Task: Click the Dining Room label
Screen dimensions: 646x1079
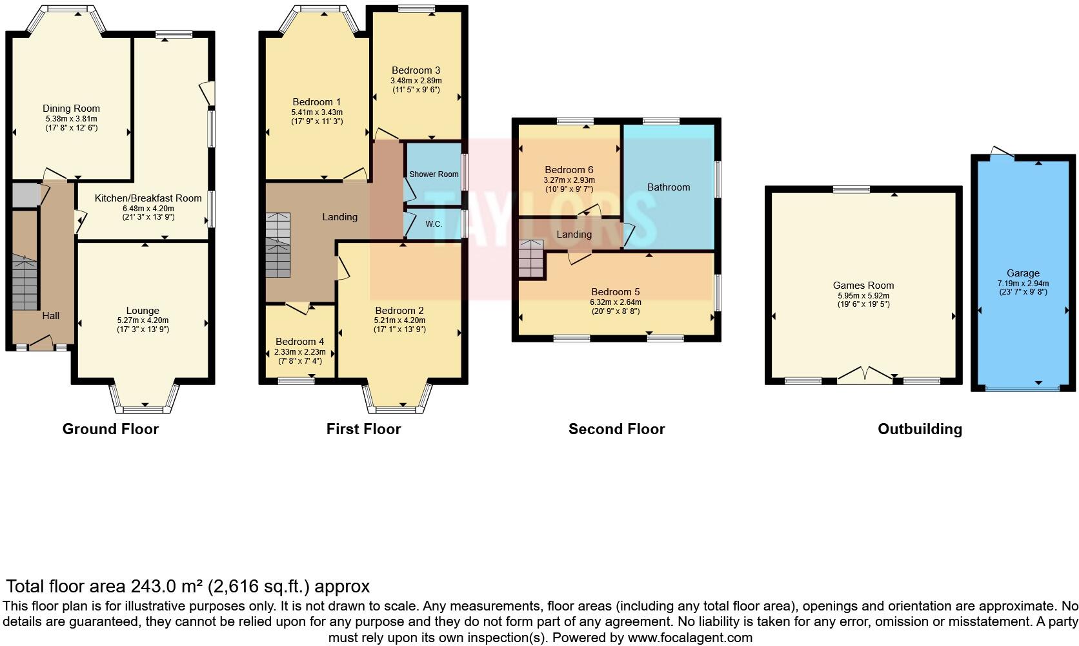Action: pyautogui.click(x=71, y=109)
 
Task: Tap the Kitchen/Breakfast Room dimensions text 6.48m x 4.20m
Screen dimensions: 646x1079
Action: pyautogui.click(x=148, y=208)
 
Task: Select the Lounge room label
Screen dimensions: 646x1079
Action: pyautogui.click(x=143, y=311)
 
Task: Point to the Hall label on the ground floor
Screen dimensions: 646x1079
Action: pyautogui.click(x=51, y=315)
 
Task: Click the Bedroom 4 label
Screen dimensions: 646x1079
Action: pyautogui.click(x=299, y=342)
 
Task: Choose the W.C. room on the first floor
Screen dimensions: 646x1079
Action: pyautogui.click(x=434, y=224)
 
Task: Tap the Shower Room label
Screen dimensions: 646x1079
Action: pyautogui.click(x=434, y=174)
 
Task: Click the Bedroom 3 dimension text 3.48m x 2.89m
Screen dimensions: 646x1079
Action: pyautogui.click(x=416, y=80)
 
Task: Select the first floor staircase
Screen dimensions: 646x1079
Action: pyautogui.click(x=278, y=245)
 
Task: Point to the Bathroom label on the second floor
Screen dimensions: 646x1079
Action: pyautogui.click(x=669, y=187)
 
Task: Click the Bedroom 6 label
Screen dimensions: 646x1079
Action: pyautogui.click(x=569, y=170)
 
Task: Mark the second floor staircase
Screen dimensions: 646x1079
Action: pyautogui.click(x=531, y=259)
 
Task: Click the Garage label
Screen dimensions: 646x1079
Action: pyautogui.click(x=1023, y=273)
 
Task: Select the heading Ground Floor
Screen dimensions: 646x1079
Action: pyautogui.click(x=110, y=429)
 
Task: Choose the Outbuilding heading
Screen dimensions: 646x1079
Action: pyautogui.click(x=920, y=429)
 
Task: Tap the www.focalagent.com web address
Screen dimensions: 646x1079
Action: pyautogui.click(x=689, y=638)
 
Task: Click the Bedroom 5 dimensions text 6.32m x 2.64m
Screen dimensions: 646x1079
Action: pyautogui.click(x=616, y=302)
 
